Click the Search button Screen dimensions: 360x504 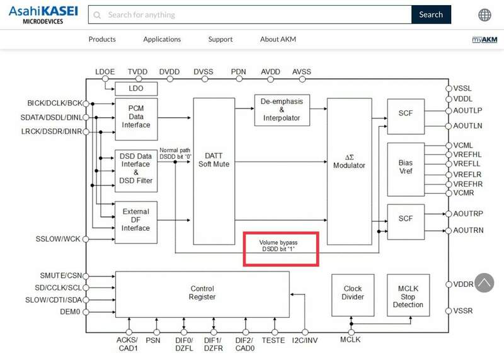(x=431, y=15)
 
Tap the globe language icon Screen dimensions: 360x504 (x=485, y=15)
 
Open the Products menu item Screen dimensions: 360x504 (x=102, y=39)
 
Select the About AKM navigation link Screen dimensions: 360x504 (x=278, y=39)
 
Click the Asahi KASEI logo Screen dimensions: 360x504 (x=39, y=15)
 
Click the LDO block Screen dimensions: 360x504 (x=135, y=88)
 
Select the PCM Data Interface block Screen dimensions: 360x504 (x=135, y=117)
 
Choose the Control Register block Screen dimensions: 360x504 (x=202, y=293)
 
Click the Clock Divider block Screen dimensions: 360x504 (x=353, y=293)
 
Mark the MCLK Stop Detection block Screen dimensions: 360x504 (x=408, y=296)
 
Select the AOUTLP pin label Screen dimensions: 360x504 (x=467, y=110)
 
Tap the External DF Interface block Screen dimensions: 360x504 (x=135, y=220)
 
